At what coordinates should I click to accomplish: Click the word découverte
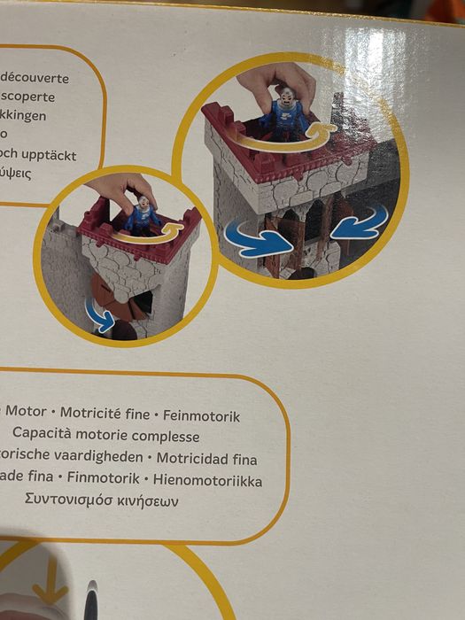click(x=36, y=78)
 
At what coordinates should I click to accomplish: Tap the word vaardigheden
click(x=97, y=459)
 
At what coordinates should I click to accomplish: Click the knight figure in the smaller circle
click(x=142, y=214)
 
